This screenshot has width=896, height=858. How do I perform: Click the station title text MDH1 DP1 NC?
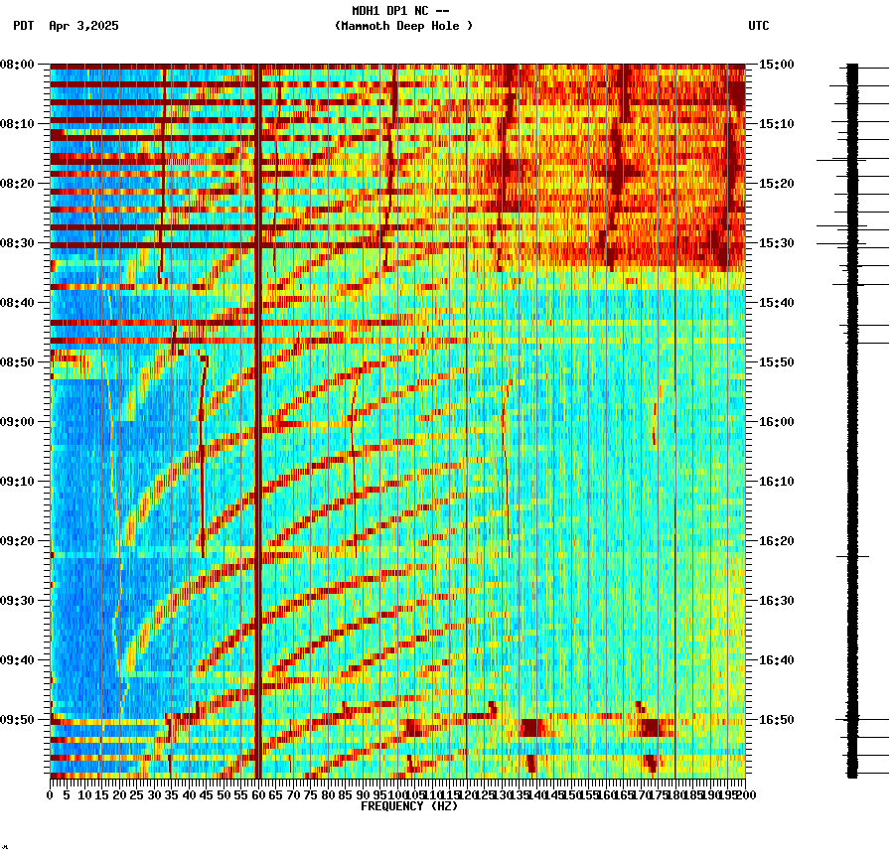tap(390, 11)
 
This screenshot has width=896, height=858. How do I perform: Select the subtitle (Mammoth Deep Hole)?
tap(403, 26)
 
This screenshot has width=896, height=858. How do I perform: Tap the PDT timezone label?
tap(23, 26)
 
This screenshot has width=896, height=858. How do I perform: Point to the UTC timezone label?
tap(758, 26)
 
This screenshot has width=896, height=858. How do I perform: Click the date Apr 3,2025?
tap(83, 26)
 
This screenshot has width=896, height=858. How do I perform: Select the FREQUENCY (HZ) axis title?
tap(408, 806)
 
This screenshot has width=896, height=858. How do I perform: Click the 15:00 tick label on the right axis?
tap(775, 65)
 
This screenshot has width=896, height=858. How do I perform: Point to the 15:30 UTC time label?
tap(775, 243)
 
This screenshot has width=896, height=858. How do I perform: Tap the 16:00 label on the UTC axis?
tap(775, 422)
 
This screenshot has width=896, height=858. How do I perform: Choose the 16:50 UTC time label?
tap(775, 720)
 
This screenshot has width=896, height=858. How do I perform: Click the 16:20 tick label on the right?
tap(775, 541)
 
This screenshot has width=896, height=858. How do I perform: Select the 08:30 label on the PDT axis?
tap(18, 243)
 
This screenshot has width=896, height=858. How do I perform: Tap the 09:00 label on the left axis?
tap(18, 422)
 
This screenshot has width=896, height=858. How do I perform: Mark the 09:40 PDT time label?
tap(18, 660)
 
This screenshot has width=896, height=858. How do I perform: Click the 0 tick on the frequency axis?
tap(51, 795)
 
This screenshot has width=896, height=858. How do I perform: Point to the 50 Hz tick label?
tap(224, 795)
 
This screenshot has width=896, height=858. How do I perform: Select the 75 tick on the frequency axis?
tap(310, 795)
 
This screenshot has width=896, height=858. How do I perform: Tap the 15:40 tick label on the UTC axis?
tap(775, 303)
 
